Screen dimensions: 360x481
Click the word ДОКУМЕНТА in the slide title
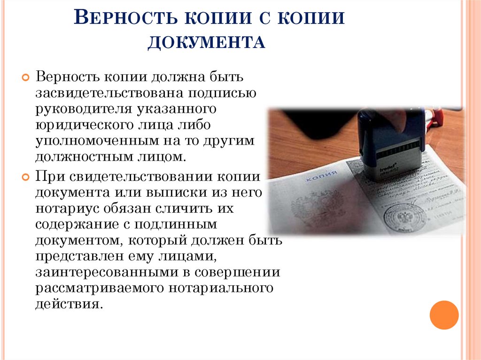(x=207, y=43)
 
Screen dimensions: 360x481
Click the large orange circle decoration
(x=444, y=315)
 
